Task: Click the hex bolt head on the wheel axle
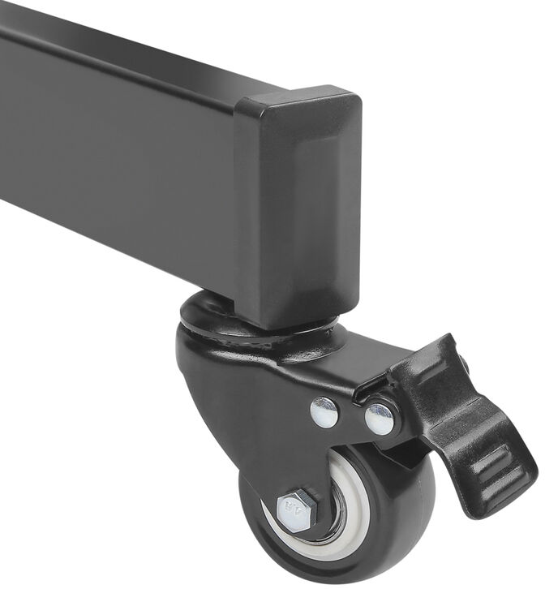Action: [x=296, y=511]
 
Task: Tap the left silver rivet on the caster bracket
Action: [x=324, y=412]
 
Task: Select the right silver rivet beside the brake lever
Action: [x=380, y=419]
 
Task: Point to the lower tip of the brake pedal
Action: [x=487, y=507]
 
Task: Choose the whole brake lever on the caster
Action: [x=462, y=430]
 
